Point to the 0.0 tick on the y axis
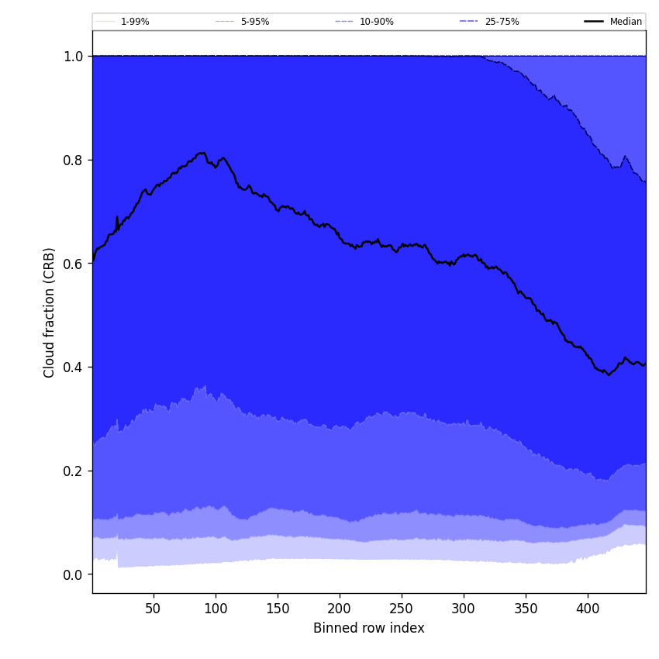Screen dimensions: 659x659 coord(74,574)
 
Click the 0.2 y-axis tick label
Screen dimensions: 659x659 coord(74,471)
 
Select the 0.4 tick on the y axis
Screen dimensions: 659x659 coord(74,367)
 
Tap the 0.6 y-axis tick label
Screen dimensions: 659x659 coord(74,264)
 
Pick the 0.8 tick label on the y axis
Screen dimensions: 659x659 coord(74,160)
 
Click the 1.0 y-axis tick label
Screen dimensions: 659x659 coord(74,56)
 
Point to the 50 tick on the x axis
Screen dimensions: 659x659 coord(154,609)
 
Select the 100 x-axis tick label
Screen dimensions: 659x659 coord(216,609)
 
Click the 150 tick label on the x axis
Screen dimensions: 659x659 coord(278,609)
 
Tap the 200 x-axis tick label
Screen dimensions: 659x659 coord(340,609)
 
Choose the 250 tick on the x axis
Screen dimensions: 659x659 coord(402,609)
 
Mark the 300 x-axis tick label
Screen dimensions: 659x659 coord(464,609)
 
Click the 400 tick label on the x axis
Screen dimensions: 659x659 coord(588,609)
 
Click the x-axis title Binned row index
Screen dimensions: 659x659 coord(369,628)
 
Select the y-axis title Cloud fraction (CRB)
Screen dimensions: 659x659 coord(50,312)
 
